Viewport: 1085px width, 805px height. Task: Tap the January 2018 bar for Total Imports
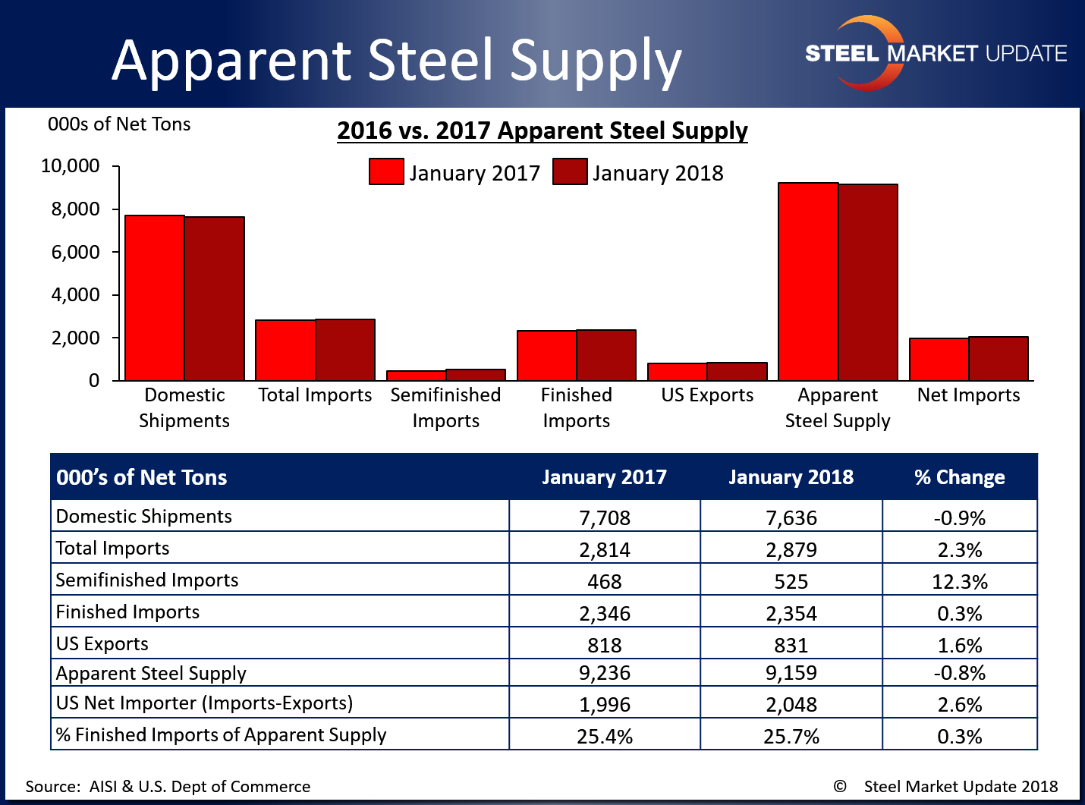(x=345, y=350)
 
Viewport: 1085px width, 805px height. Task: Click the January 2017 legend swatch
(x=386, y=171)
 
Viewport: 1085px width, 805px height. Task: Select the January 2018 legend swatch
(x=570, y=171)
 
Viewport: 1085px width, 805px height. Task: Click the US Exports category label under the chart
(x=707, y=395)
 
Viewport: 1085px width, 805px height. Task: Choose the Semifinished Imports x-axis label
(x=445, y=407)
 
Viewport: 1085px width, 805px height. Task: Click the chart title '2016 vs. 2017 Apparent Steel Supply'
(x=542, y=130)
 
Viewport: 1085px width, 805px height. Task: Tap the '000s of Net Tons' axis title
(x=119, y=124)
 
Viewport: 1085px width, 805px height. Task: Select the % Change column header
(x=959, y=477)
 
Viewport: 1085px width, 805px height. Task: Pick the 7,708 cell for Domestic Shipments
(x=605, y=517)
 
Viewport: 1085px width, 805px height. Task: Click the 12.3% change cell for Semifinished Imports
(x=959, y=581)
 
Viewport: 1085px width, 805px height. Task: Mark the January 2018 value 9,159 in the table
(x=791, y=672)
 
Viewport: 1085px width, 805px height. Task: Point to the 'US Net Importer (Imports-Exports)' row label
(x=205, y=703)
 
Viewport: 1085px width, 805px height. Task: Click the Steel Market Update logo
(x=936, y=53)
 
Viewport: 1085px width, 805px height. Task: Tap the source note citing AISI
(x=168, y=786)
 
